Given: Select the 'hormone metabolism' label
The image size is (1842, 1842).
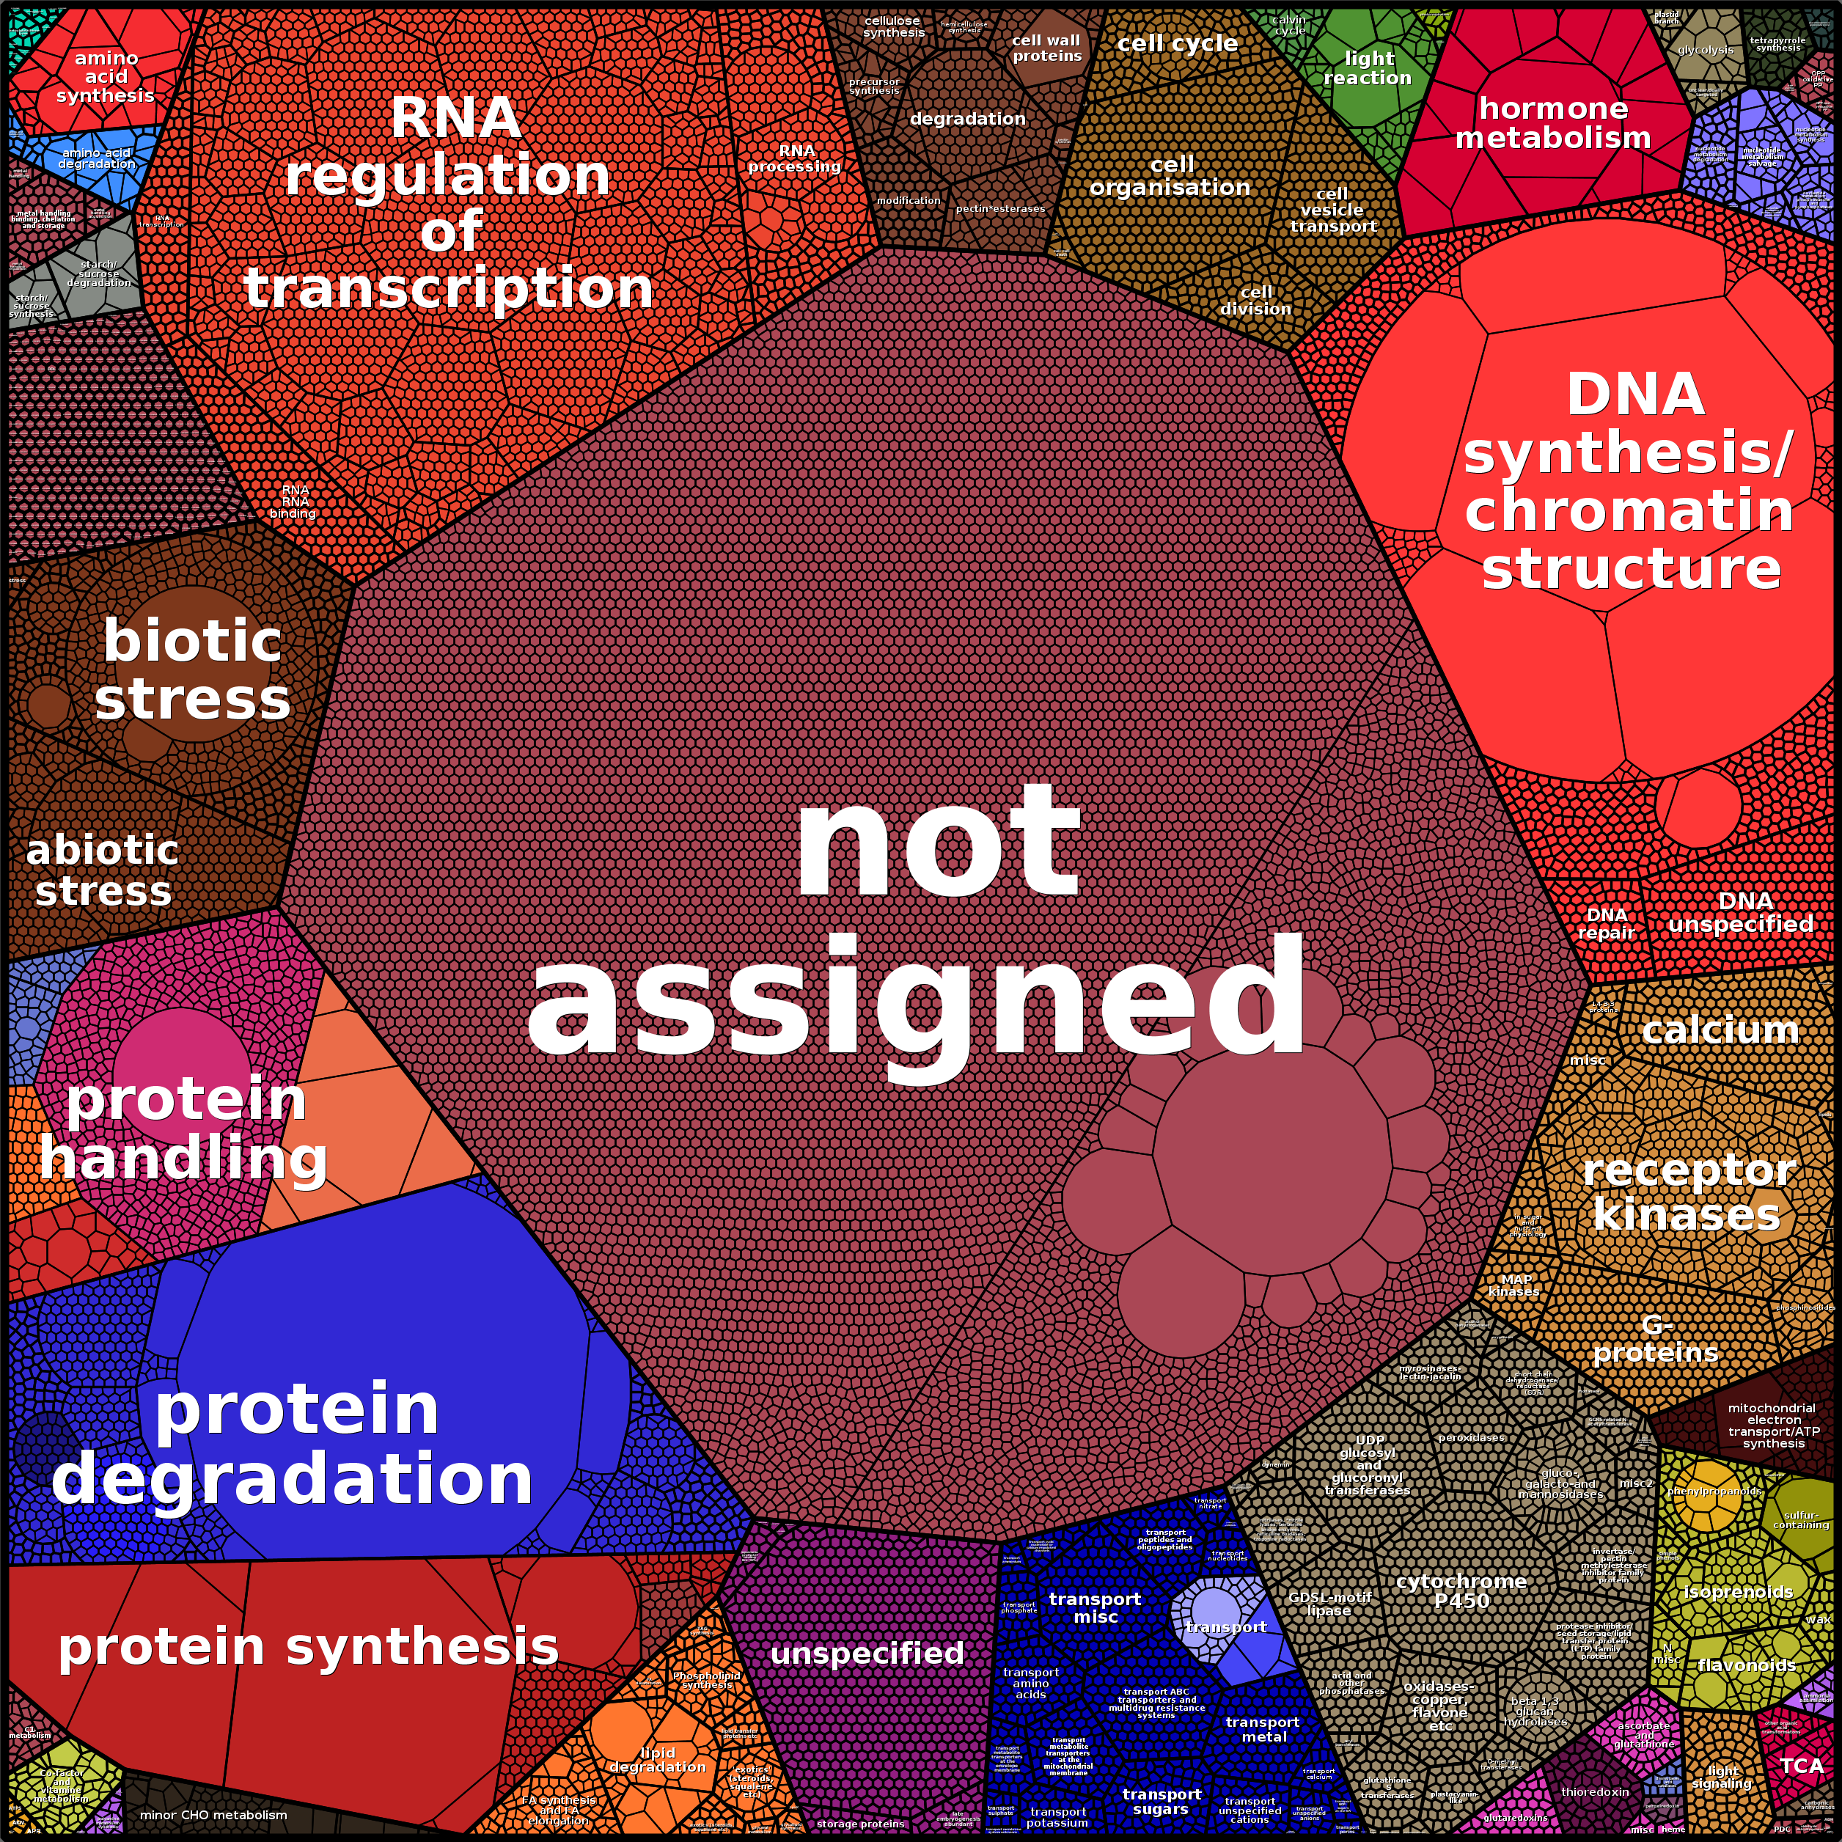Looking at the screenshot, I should coord(1552,123).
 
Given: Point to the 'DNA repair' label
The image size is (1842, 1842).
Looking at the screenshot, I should coord(1607,923).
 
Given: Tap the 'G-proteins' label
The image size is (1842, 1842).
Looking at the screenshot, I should coord(1656,1338).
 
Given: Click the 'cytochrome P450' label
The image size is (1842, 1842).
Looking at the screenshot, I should coord(1461,1590).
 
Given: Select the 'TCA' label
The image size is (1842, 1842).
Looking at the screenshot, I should coord(1801,1766).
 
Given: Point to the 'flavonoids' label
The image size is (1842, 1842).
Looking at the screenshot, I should coord(1747,1665).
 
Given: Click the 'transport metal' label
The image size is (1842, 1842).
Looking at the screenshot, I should coord(1262,1728).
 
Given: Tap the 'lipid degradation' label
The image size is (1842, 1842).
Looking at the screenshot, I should coord(657,1759).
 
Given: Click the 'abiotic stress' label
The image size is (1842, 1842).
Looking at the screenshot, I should coord(102,870).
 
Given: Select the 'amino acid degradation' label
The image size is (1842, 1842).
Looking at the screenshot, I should coord(96,158).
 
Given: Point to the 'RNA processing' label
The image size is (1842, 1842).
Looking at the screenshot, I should coord(795,158).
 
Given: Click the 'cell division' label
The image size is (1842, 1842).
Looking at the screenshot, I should coord(1255,301).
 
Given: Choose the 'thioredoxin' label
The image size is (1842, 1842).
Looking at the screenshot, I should coord(1595,1791).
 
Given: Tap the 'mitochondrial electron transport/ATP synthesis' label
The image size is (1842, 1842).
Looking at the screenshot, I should coord(1773,1425).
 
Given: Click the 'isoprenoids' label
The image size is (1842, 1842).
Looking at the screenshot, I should coord(1737,1591).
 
